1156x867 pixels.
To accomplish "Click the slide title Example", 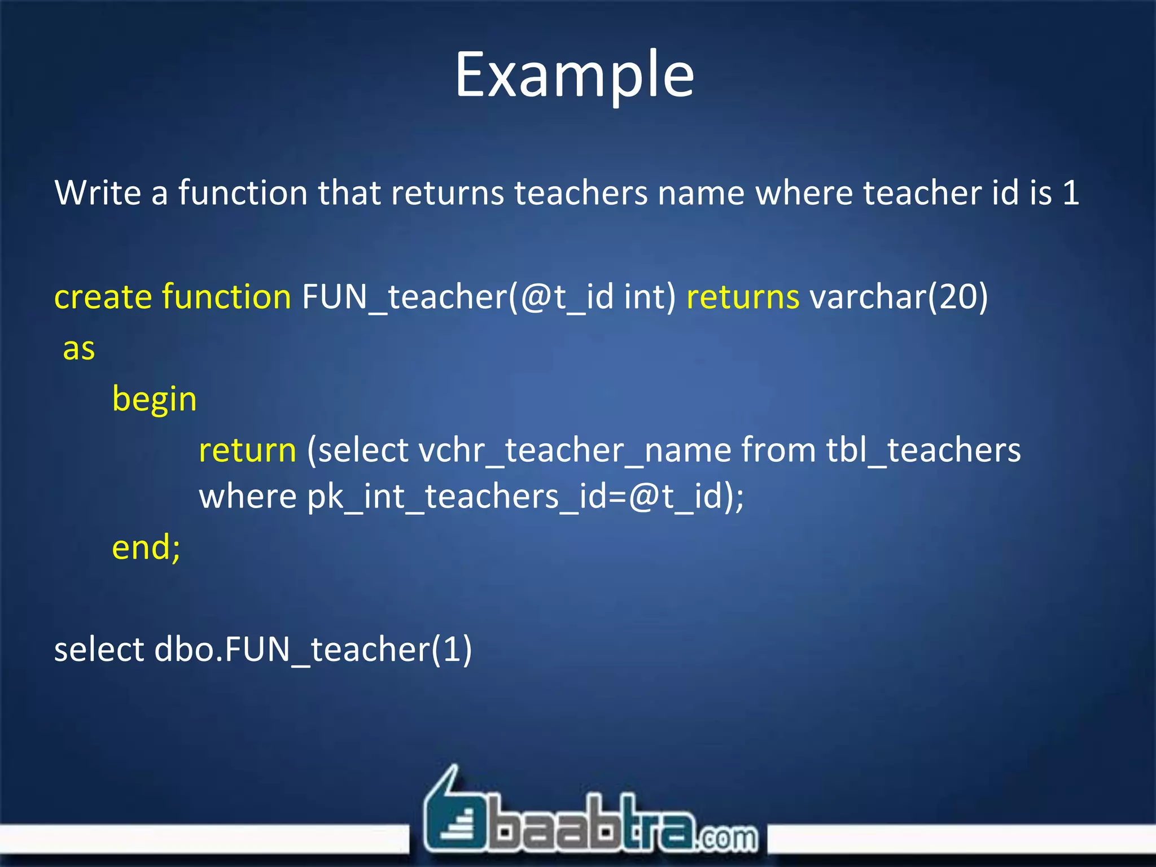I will (575, 75).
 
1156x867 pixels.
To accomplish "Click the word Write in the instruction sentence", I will (97, 192).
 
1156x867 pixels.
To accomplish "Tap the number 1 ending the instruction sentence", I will (1070, 192).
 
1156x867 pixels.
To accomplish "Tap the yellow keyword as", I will (78, 349).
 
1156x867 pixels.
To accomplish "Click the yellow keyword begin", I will (154, 400).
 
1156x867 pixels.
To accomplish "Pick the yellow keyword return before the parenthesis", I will (247, 450).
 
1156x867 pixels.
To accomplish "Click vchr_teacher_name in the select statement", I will (575, 450).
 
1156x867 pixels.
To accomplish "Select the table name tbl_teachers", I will (923, 450).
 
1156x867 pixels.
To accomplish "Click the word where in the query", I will (247, 497).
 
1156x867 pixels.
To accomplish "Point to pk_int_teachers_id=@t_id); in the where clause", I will (526, 497).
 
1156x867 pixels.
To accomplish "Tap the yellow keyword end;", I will (146, 547).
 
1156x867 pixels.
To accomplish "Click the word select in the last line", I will (99, 650).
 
